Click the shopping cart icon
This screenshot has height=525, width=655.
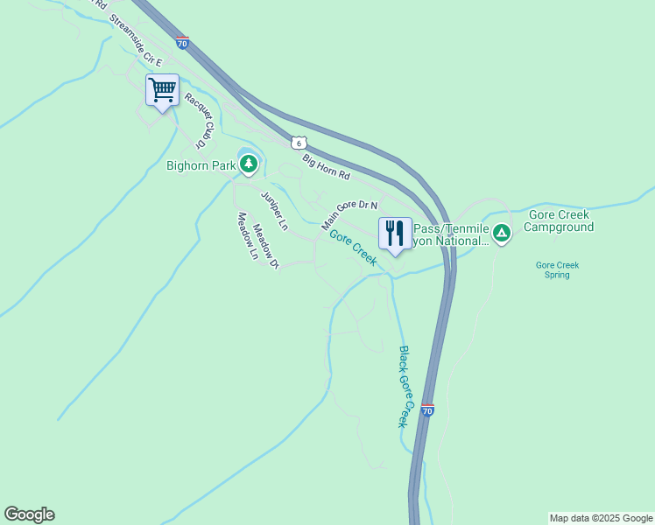(x=163, y=89)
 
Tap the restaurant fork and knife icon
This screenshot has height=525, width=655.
(x=395, y=234)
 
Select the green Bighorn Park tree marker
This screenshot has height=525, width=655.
(x=249, y=164)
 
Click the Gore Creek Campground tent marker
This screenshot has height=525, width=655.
(x=501, y=233)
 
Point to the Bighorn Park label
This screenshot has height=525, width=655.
(x=201, y=164)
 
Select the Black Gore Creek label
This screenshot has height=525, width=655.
(x=405, y=386)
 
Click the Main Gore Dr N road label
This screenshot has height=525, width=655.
(x=349, y=214)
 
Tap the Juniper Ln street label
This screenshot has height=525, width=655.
(x=274, y=210)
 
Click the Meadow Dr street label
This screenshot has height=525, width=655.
(x=265, y=247)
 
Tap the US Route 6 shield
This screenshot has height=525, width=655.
(x=299, y=142)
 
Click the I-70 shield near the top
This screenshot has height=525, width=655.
(x=181, y=42)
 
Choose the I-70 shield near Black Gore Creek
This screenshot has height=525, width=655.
(x=427, y=409)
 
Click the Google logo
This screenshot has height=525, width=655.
(x=29, y=514)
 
